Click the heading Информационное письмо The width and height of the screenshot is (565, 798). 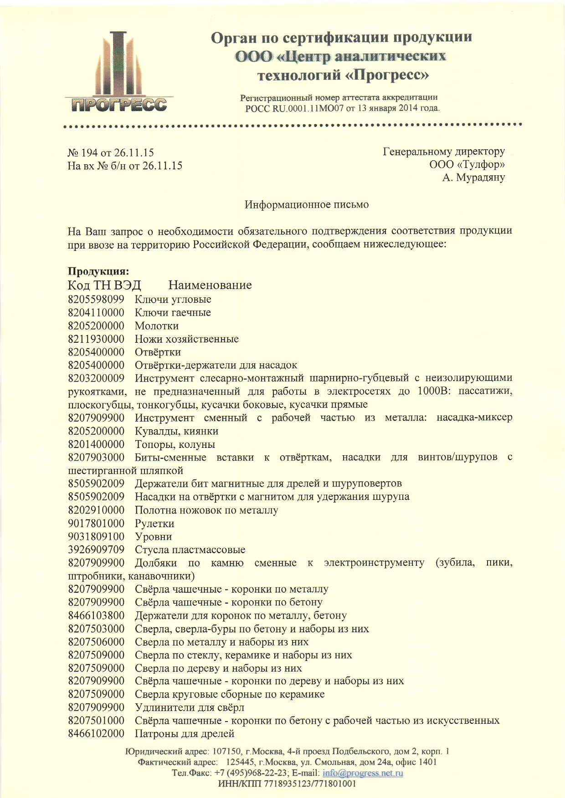307,205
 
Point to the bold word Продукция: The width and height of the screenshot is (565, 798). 98,271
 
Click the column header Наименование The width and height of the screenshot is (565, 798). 210,285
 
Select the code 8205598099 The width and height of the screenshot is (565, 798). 96,300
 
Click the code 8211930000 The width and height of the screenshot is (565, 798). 96,339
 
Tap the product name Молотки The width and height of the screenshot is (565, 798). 156,326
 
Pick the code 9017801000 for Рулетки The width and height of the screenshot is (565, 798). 96,524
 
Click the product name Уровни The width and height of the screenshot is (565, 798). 153,537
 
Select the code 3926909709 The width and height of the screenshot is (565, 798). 96,550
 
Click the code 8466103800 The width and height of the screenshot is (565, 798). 96,616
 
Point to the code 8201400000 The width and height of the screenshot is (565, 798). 96,444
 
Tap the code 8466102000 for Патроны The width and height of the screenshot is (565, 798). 96,734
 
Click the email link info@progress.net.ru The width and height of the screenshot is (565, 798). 363,773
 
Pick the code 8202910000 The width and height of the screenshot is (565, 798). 96,510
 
